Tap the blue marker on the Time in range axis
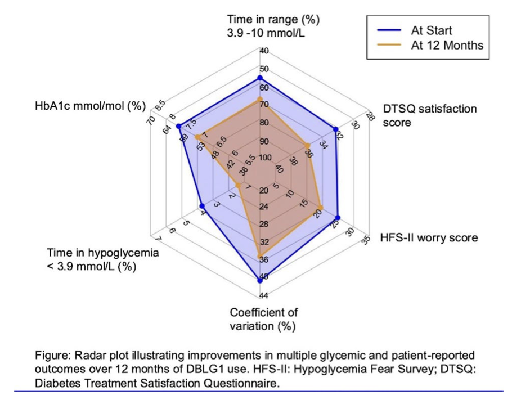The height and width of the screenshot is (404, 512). tap(260, 78)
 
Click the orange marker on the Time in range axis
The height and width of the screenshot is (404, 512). tap(260, 99)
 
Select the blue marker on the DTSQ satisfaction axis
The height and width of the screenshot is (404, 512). tap(335, 129)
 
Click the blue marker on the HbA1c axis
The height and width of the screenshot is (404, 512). tap(178, 126)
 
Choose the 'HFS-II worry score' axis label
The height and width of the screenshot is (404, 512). tap(429, 237)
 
